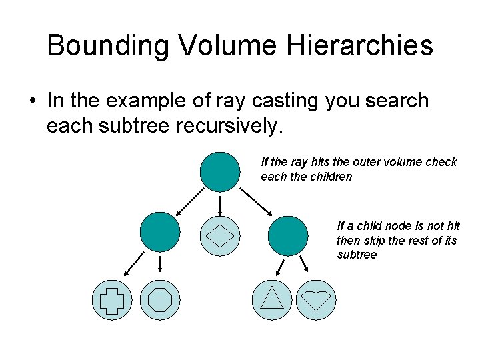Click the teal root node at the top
click(x=220, y=172)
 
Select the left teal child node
click(x=160, y=231)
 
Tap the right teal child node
click(x=288, y=236)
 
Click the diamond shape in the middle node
click(x=220, y=236)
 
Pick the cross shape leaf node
click(x=112, y=299)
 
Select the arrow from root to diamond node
click(x=220, y=204)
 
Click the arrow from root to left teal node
click(x=189, y=201)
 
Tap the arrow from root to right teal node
click(x=255, y=202)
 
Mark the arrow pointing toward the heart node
click(x=302, y=264)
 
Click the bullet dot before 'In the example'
click(x=32, y=102)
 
